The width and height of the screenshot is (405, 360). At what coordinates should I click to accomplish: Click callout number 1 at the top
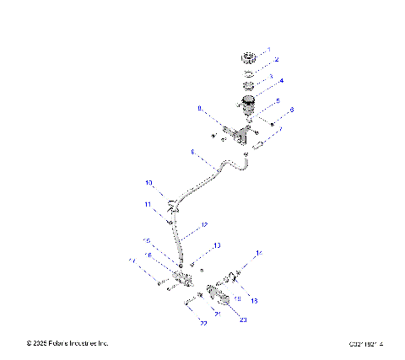pos(269,51)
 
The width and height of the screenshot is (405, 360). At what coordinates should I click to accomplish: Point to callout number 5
pos(276,99)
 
